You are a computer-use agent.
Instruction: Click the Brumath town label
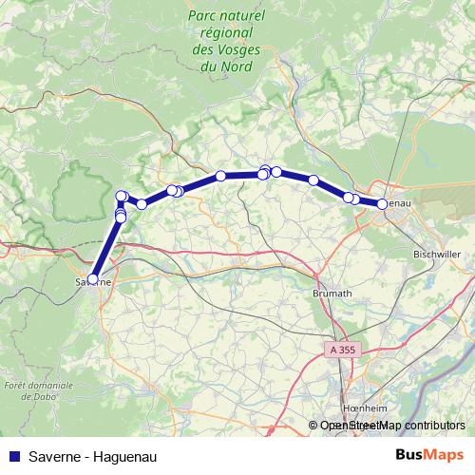[x=330, y=294]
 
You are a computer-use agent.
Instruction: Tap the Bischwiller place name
[x=436, y=255]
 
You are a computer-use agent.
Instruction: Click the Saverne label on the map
[x=92, y=282]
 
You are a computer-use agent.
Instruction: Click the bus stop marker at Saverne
[x=92, y=278]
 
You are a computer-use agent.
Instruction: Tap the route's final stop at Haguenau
[x=382, y=203]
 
